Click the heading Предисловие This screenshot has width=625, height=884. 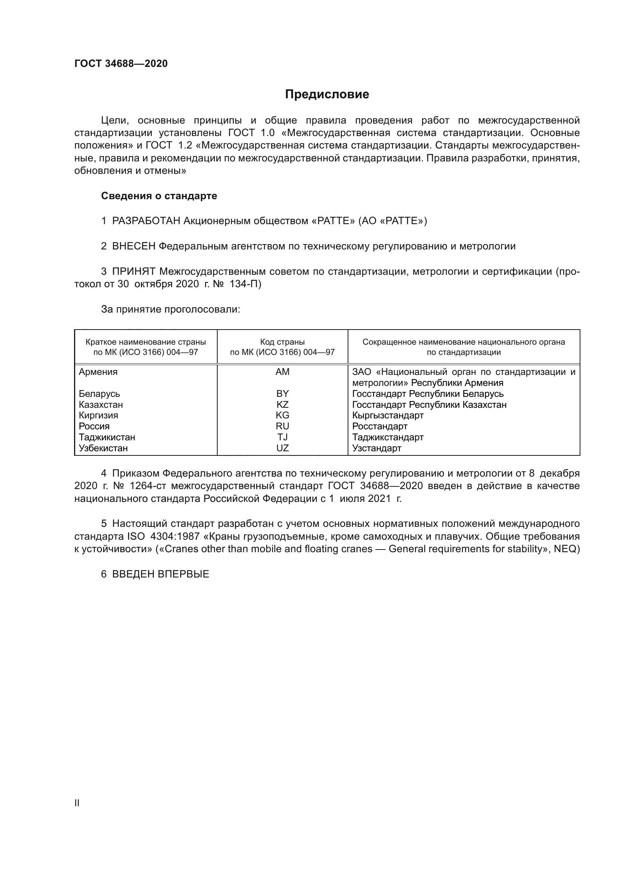click(x=327, y=94)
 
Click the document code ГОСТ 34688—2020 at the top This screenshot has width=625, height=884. click(x=121, y=63)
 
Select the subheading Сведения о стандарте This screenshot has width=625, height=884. click(x=159, y=196)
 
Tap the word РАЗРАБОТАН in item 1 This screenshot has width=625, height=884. click(x=146, y=221)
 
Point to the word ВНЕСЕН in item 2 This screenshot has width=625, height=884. click(x=133, y=246)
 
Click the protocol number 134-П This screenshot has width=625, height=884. click(x=245, y=284)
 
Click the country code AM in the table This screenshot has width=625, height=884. click(x=283, y=372)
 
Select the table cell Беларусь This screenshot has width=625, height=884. click(x=99, y=394)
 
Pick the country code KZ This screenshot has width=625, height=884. click(x=283, y=405)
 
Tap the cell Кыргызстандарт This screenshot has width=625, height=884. click(x=388, y=415)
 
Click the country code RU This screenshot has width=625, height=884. click(x=283, y=426)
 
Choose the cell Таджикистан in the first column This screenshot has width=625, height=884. click(x=107, y=437)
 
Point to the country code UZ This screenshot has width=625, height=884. click(x=283, y=448)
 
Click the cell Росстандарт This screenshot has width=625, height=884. click(x=379, y=426)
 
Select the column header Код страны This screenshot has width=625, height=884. click(x=283, y=342)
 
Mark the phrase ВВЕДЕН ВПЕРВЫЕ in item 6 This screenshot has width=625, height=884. click(x=161, y=574)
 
